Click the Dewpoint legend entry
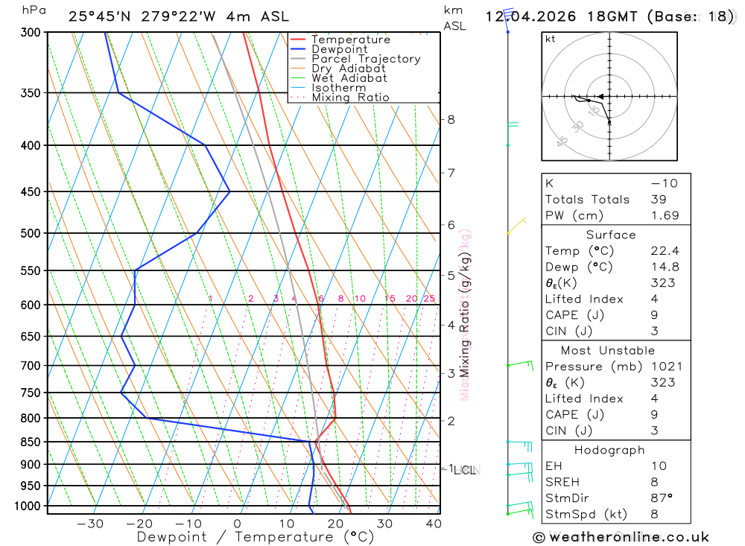pos(339,49)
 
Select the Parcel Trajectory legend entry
pos(365,59)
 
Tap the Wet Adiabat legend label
pos(349,78)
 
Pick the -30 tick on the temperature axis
pos(90,524)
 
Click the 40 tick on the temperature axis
pos(433,524)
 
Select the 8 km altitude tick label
pos(451,119)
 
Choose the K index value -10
pos(660,183)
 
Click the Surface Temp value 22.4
pos(665,251)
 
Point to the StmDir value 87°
pos(660,498)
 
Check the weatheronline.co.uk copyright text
pos(621,537)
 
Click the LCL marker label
pos(466,470)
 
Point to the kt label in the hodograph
pos(550,39)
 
